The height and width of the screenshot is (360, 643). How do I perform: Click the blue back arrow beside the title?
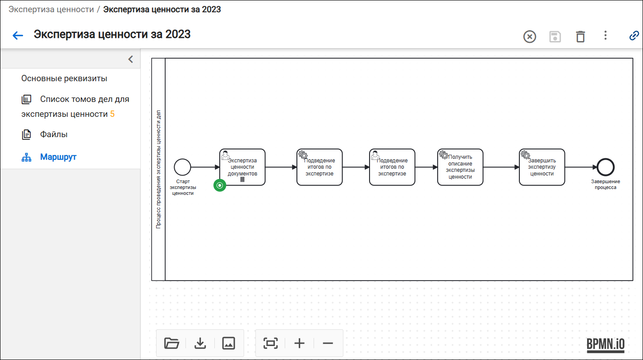tap(18, 35)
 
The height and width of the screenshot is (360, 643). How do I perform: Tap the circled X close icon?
tap(529, 37)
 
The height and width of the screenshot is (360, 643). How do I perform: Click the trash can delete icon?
tap(580, 37)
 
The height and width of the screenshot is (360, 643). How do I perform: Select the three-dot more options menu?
tap(606, 35)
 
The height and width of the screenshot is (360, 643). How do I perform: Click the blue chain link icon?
tap(634, 36)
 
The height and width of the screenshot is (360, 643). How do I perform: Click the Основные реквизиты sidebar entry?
tap(64, 78)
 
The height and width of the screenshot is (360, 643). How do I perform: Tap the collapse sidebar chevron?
tap(130, 59)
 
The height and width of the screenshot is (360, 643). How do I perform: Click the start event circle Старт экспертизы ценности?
tap(182, 167)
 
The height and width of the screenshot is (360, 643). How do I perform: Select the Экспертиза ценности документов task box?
tap(242, 167)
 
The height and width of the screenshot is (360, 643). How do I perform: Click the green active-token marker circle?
tap(220, 185)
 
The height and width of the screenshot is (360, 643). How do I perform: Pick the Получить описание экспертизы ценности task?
tap(460, 167)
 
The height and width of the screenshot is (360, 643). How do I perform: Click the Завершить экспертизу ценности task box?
tap(542, 167)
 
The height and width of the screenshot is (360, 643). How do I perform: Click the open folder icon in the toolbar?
tap(171, 343)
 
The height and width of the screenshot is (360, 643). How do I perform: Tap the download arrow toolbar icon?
tap(200, 343)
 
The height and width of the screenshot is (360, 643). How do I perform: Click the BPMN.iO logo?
tap(606, 344)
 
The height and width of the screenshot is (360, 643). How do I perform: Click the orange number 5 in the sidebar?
tap(112, 114)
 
